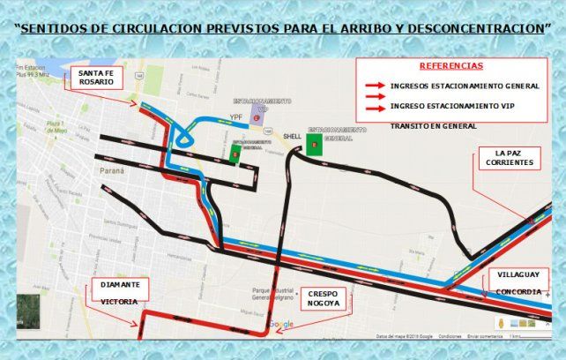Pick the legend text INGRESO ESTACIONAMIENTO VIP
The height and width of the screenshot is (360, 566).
click(451, 106)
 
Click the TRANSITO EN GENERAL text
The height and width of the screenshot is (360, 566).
click(433, 126)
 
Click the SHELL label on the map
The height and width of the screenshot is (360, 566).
click(292, 137)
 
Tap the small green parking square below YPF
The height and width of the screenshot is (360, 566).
click(235, 154)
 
